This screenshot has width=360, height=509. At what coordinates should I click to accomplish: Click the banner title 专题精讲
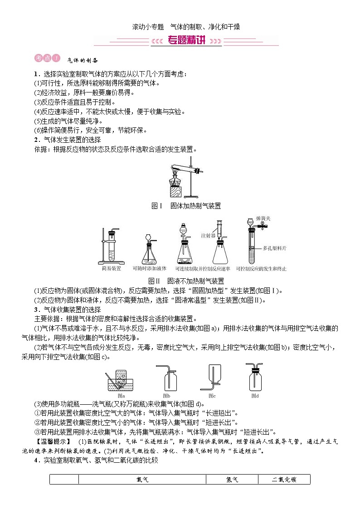click(186, 40)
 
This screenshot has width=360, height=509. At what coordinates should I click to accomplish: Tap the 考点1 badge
click(47, 58)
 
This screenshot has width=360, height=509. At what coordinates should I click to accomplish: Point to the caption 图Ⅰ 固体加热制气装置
click(186, 206)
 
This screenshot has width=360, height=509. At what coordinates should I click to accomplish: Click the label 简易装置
click(111, 268)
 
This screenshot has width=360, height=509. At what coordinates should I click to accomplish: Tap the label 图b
click(166, 396)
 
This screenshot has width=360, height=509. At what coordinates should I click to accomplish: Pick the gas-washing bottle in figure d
click(255, 378)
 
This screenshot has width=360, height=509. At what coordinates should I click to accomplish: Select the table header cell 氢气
click(232, 480)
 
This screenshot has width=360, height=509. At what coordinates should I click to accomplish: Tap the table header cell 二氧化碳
click(284, 480)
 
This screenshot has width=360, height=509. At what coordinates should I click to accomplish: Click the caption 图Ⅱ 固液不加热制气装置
click(186, 281)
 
